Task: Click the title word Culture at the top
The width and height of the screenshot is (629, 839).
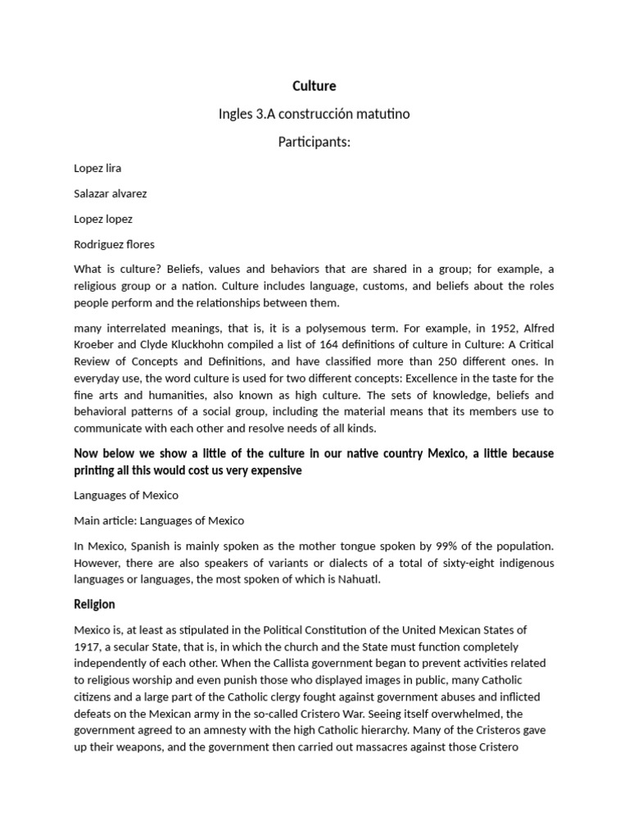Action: click(x=314, y=86)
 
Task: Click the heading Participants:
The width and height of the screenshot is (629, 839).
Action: click(x=314, y=143)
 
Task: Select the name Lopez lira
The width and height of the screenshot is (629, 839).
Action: click(x=97, y=168)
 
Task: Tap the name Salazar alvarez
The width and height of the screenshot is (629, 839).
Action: click(x=111, y=193)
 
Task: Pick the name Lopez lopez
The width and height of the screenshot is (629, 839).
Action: click(x=103, y=219)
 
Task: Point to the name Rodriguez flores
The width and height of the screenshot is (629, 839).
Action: click(x=114, y=244)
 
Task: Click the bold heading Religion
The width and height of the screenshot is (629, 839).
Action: click(x=94, y=605)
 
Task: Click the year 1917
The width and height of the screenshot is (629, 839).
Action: click(x=88, y=646)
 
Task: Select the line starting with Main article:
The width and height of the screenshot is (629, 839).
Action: click(x=159, y=520)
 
